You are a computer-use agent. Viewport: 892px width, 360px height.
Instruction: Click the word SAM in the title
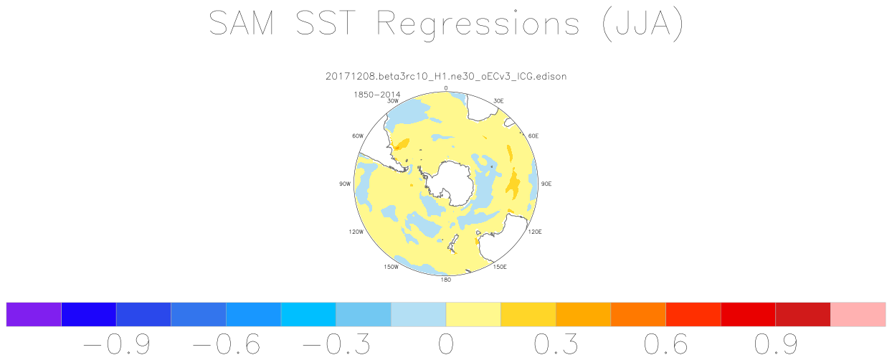click(x=242, y=23)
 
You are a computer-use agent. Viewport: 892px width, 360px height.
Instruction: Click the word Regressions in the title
click(x=478, y=24)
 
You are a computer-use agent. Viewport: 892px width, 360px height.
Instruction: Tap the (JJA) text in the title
click(x=643, y=24)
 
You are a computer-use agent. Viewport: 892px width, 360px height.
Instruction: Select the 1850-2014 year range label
click(x=376, y=95)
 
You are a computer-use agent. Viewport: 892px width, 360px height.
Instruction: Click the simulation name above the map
click(x=446, y=76)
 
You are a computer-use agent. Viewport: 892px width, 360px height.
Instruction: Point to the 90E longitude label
click(x=546, y=184)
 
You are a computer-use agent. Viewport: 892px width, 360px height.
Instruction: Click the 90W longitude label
click(x=345, y=184)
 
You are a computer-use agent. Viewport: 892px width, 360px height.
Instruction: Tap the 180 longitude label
click(x=445, y=280)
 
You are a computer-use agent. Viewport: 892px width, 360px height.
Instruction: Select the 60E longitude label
click(x=533, y=136)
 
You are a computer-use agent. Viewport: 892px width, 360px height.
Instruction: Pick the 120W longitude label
click(x=356, y=232)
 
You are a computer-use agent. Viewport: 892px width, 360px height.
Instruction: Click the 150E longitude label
click(x=500, y=267)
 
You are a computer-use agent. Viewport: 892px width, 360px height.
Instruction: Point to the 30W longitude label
click(x=393, y=101)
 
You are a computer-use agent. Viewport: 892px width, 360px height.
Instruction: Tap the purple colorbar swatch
click(x=34, y=314)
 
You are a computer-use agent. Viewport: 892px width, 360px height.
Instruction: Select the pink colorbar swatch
click(x=858, y=314)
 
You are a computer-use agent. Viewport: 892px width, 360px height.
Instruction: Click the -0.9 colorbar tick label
click(x=117, y=344)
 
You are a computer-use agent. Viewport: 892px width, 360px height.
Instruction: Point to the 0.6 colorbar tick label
click(x=666, y=344)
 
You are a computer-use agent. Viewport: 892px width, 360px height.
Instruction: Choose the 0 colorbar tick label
click(x=446, y=344)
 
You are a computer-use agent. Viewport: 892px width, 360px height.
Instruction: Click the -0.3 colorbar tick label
click(x=336, y=344)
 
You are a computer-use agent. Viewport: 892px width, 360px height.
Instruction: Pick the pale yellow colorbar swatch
click(x=473, y=314)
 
